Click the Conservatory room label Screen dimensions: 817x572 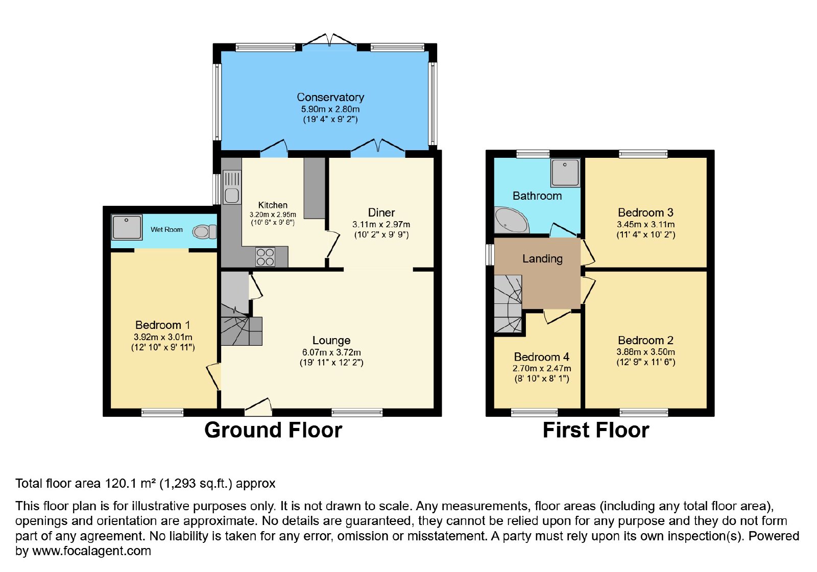330,97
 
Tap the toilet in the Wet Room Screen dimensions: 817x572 204,232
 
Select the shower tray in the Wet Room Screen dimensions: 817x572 127,227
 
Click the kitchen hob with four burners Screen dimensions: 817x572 265,257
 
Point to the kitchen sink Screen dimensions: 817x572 232,187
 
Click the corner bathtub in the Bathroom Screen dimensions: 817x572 511,220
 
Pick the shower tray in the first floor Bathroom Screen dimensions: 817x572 565,173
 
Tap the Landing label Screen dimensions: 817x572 542,258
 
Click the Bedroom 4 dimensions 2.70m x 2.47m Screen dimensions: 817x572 542,368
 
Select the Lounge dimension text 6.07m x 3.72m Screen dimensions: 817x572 331,352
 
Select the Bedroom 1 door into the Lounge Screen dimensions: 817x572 214,376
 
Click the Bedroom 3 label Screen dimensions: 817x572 645,212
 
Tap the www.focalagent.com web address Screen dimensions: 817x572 91,551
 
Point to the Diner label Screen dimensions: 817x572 381,212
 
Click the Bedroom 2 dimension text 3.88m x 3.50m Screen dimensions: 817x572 645,352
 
